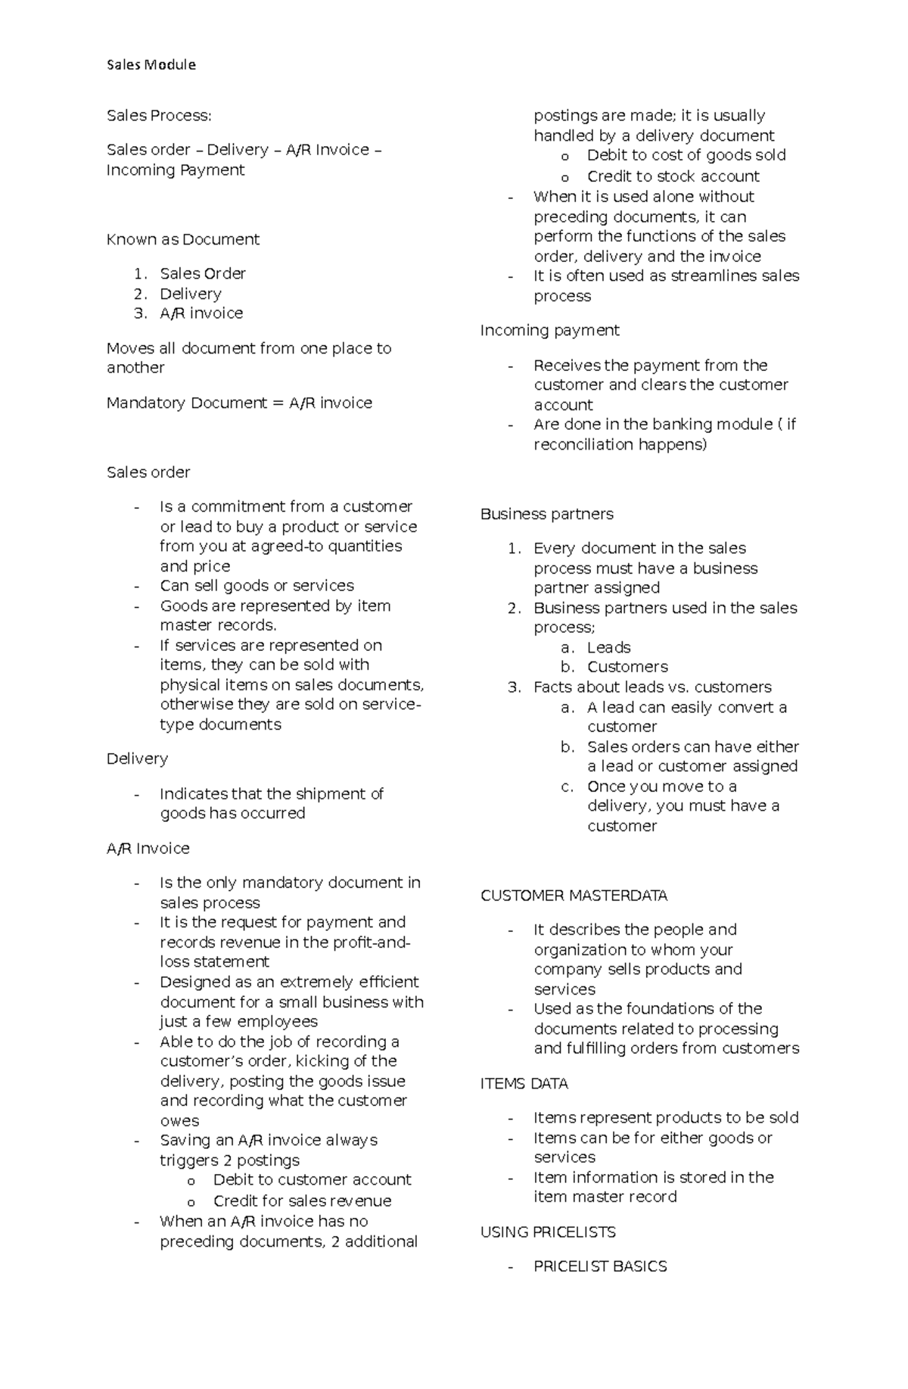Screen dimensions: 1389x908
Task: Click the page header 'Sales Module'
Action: (151, 65)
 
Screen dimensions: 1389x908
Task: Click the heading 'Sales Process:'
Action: (159, 116)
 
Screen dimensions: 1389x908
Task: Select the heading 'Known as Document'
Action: (182, 239)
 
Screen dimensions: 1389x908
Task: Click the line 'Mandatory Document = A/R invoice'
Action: (239, 403)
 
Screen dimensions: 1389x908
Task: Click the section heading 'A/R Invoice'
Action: (148, 849)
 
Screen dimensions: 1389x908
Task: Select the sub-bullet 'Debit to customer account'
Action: (312, 1179)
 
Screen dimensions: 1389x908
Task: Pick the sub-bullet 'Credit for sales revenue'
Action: (302, 1201)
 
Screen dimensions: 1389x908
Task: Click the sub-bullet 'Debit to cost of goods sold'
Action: (686, 155)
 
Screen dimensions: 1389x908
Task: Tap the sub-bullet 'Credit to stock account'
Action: (673, 176)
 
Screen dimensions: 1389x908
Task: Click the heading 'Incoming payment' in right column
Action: (549, 330)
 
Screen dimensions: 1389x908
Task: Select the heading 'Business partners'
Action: (546, 514)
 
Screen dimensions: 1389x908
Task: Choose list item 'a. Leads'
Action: (608, 647)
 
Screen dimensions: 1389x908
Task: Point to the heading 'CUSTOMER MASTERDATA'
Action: (574, 895)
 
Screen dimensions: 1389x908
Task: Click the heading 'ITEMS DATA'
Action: (524, 1083)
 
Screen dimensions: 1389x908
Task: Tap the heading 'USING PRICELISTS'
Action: (548, 1232)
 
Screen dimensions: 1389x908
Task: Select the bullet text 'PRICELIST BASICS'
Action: (600, 1266)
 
